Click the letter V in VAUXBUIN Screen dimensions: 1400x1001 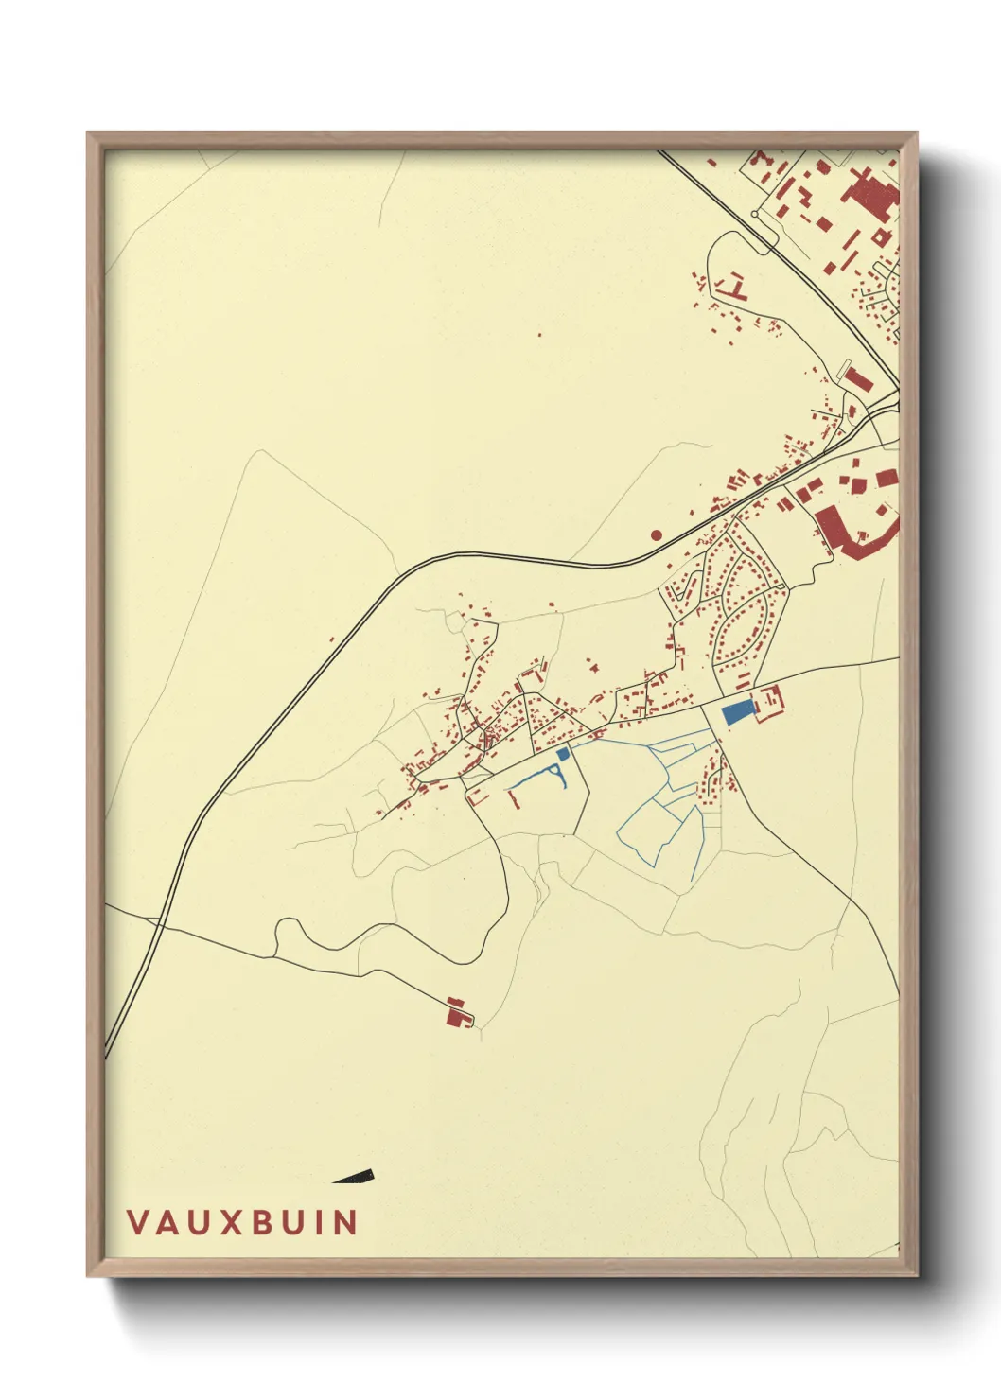[138, 1221]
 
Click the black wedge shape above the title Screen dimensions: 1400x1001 [358, 1177]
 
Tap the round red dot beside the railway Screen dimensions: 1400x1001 [657, 535]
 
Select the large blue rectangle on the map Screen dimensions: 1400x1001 [736, 712]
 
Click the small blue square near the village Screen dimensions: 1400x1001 [565, 754]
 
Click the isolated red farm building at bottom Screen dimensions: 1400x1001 [458, 1013]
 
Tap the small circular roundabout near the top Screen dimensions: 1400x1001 [754, 214]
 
